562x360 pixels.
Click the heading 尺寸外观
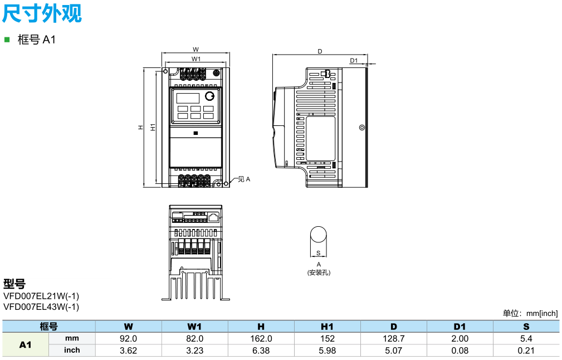click(x=42, y=13)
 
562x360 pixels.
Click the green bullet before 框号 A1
click(x=7, y=40)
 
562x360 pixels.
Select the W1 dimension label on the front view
click(x=196, y=59)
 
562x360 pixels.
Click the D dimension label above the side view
click(x=320, y=51)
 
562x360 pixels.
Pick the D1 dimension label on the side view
click(x=354, y=60)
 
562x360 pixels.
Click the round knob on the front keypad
click(x=209, y=96)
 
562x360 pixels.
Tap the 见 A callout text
click(x=244, y=179)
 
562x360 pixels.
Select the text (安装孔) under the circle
click(x=319, y=273)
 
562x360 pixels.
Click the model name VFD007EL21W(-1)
click(x=41, y=296)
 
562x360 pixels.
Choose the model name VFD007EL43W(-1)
click(x=41, y=307)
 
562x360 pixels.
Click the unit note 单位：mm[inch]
click(x=530, y=313)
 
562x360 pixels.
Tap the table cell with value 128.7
click(x=394, y=338)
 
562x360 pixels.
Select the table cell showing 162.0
click(x=261, y=338)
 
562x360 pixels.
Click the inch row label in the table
click(x=72, y=350)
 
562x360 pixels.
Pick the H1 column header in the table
click(x=328, y=327)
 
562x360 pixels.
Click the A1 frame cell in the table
click(x=26, y=344)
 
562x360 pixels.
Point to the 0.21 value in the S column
click(x=526, y=350)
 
